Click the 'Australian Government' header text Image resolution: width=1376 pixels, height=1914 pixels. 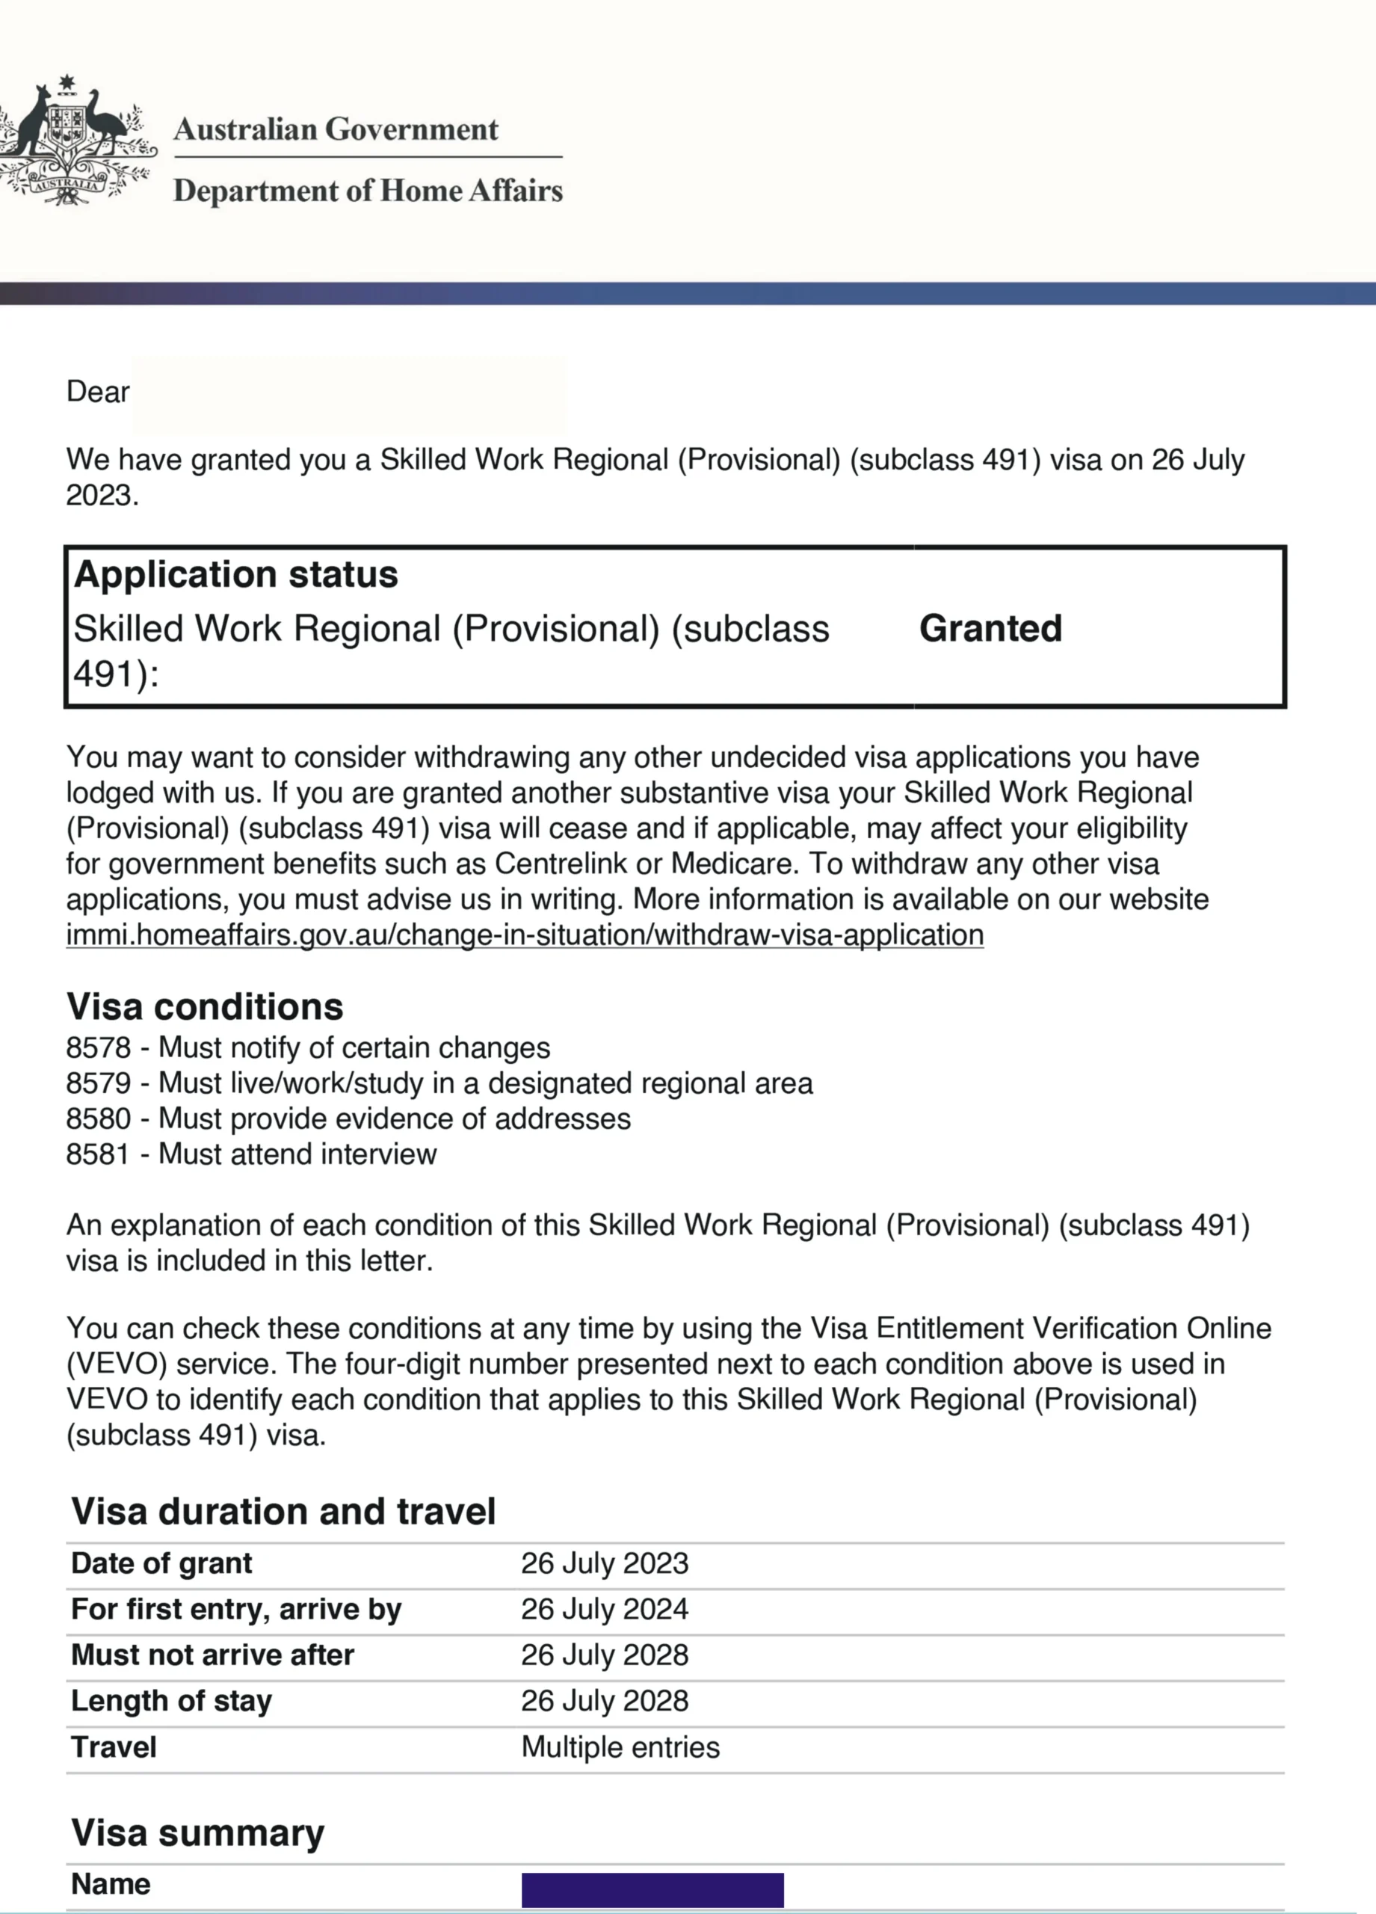(x=336, y=129)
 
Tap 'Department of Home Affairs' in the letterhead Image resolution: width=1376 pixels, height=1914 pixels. (x=368, y=191)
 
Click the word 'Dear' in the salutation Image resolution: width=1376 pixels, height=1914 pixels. (x=98, y=392)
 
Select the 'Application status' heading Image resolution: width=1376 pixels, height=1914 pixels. (x=236, y=575)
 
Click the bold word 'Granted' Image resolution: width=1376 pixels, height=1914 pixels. (x=990, y=629)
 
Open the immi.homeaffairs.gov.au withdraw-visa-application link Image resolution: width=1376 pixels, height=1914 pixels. (x=525, y=935)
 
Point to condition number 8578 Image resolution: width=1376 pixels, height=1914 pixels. (x=99, y=1048)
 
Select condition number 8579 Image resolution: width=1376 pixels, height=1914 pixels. (x=99, y=1083)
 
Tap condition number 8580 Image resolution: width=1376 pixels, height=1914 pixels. (x=99, y=1119)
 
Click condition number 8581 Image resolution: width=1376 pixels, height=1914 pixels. (x=99, y=1154)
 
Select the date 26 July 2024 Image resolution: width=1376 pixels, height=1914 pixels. (x=604, y=1610)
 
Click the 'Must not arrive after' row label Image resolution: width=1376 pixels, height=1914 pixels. (x=212, y=1655)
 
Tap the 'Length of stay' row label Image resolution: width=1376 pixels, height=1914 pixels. (x=171, y=1700)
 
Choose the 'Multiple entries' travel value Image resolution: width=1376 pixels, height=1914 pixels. (x=620, y=1747)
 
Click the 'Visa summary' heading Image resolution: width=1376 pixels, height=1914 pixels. (x=197, y=1833)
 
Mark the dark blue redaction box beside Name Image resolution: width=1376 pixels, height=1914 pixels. (x=652, y=1890)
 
